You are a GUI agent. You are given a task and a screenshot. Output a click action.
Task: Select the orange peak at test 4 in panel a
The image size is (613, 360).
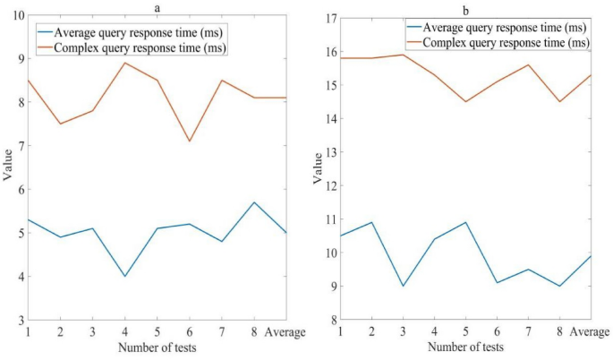(x=124, y=63)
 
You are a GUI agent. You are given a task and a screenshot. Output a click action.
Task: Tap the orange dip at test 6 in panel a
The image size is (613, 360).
(x=189, y=141)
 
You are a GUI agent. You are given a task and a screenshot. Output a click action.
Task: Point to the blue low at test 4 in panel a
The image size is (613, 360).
(x=124, y=276)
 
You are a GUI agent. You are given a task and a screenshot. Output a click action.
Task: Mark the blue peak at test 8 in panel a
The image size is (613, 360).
(x=254, y=202)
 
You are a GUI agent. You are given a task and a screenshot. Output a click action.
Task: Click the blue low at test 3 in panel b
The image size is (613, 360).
(x=403, y=286)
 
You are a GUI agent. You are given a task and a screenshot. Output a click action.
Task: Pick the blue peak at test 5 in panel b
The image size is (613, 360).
(x=465, y=222)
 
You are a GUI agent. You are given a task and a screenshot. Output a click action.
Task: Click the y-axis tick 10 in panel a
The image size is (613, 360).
(x=18, y=15)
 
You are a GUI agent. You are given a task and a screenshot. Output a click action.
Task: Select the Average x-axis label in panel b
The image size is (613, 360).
(x=590, y=333)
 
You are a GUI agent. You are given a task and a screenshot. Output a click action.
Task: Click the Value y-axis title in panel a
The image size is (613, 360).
(x=8, y=167)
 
